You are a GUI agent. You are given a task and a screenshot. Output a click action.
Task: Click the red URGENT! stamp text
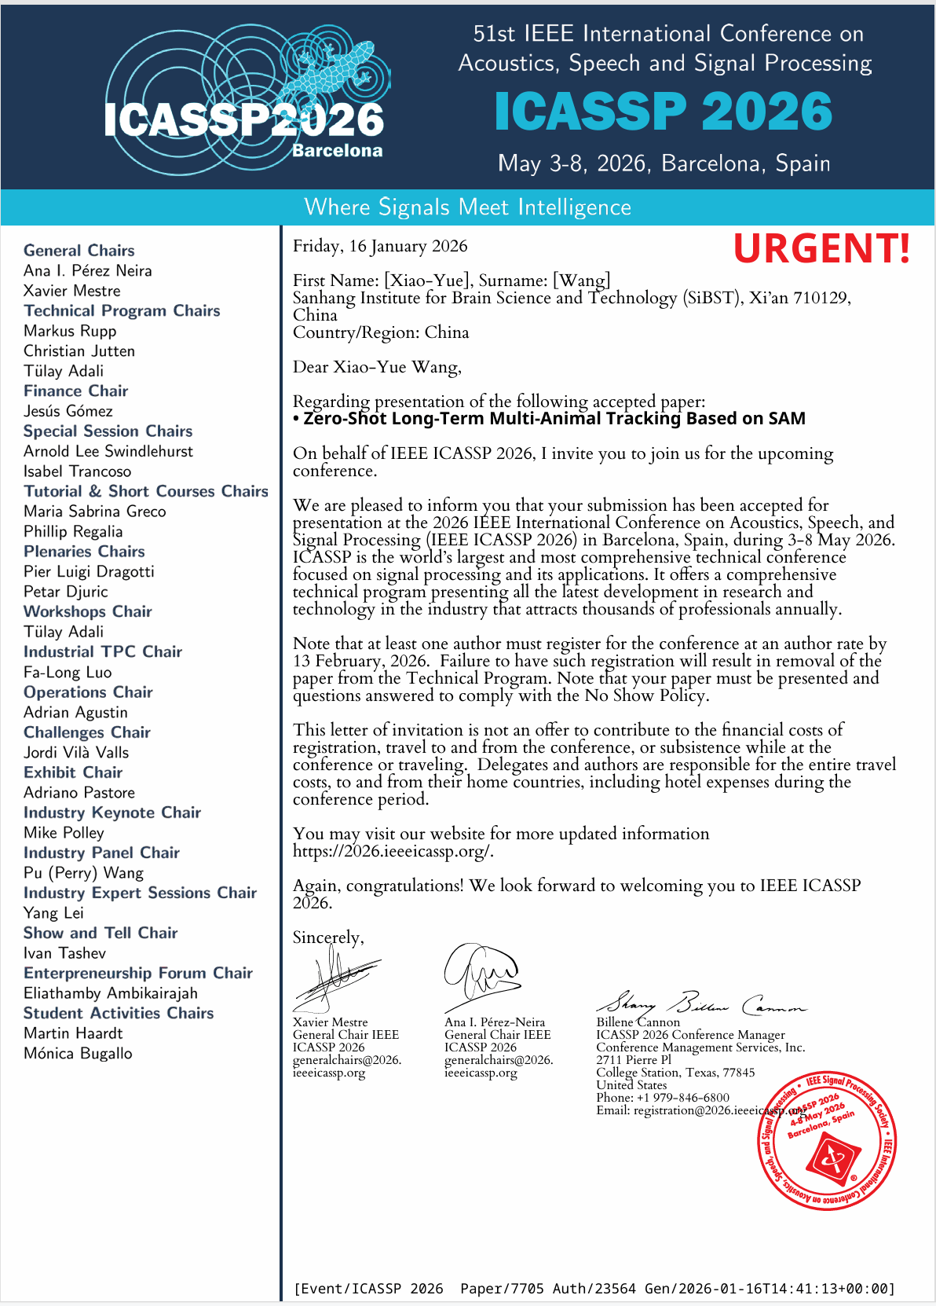821,248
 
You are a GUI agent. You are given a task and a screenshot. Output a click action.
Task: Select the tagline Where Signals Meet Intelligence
467,207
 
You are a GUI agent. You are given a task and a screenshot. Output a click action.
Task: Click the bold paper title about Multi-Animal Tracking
554,419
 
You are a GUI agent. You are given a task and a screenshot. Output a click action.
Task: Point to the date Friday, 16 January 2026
380,247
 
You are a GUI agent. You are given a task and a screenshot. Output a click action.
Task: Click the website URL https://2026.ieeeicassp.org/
393,851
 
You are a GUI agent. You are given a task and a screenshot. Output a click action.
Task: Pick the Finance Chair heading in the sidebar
75,391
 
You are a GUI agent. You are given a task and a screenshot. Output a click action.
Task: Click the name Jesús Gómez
68,411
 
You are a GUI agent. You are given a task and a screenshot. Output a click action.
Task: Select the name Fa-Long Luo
68,672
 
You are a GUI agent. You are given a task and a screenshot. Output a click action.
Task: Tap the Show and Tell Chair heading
101,933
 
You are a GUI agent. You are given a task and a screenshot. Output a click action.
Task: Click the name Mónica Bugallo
78,1053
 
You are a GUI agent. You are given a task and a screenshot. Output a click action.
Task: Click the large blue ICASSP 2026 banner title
664,112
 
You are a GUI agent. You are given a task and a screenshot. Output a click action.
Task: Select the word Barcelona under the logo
337,151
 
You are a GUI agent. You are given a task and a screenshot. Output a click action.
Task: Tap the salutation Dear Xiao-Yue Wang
377,367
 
